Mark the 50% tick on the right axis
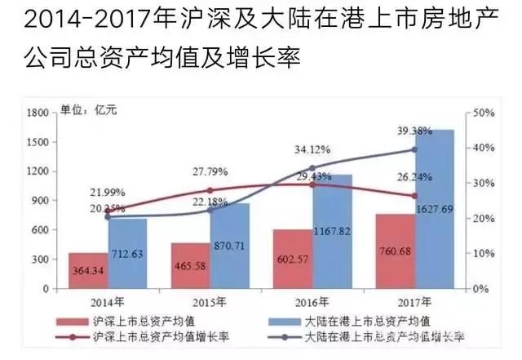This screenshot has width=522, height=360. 482,112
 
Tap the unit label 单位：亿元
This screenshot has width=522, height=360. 90,111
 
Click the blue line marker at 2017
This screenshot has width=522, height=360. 414,149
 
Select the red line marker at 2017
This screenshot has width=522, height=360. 414,196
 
